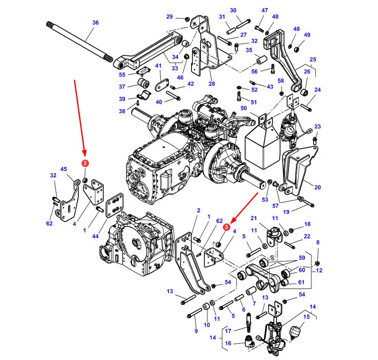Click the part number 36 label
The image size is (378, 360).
click(x=95, y=23)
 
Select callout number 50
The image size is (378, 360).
click(x=243, y=108)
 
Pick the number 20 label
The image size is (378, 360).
click(x=317, y=187)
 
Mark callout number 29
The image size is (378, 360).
click(x=169, y=16)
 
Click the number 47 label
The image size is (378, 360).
click(x=265, y=11)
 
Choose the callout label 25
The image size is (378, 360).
click(x=312, y=60)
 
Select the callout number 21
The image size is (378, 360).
click(x=253, y=218)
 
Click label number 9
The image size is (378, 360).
click(x=196, y=331)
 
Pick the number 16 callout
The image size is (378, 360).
click(x=228, y=343)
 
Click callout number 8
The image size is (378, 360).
click(x=317, y=243)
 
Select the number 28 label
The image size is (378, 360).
click(x=212, y=84)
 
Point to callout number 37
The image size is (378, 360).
click(x=122, y=87)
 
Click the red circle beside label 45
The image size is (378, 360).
click(x=85, y=164)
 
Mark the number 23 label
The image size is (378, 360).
click(x=317, y=126)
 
